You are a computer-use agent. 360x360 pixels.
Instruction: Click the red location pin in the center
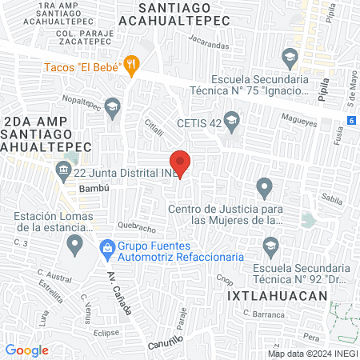pos(181,162)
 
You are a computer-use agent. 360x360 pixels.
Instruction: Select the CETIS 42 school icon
pos(232,123)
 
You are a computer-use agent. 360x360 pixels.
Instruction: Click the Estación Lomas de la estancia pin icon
pos(74,242)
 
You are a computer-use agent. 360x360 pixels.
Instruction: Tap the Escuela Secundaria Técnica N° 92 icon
pos(270,246)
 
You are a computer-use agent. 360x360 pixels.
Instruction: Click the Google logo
pos(27,350)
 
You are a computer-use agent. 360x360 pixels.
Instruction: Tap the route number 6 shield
pos(350,120)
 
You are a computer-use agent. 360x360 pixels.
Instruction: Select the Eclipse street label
pos(107,331)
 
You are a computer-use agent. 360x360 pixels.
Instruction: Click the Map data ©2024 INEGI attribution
pos(312,354)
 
